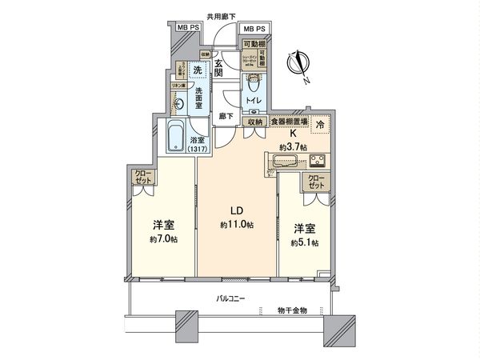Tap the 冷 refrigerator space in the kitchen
click(x=320, y=124)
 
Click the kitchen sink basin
click(x=282, y=161)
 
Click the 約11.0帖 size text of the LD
click(x=238, y=226)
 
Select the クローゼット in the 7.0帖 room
click(x=142, y=178)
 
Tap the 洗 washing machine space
click(x=185, y=69)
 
